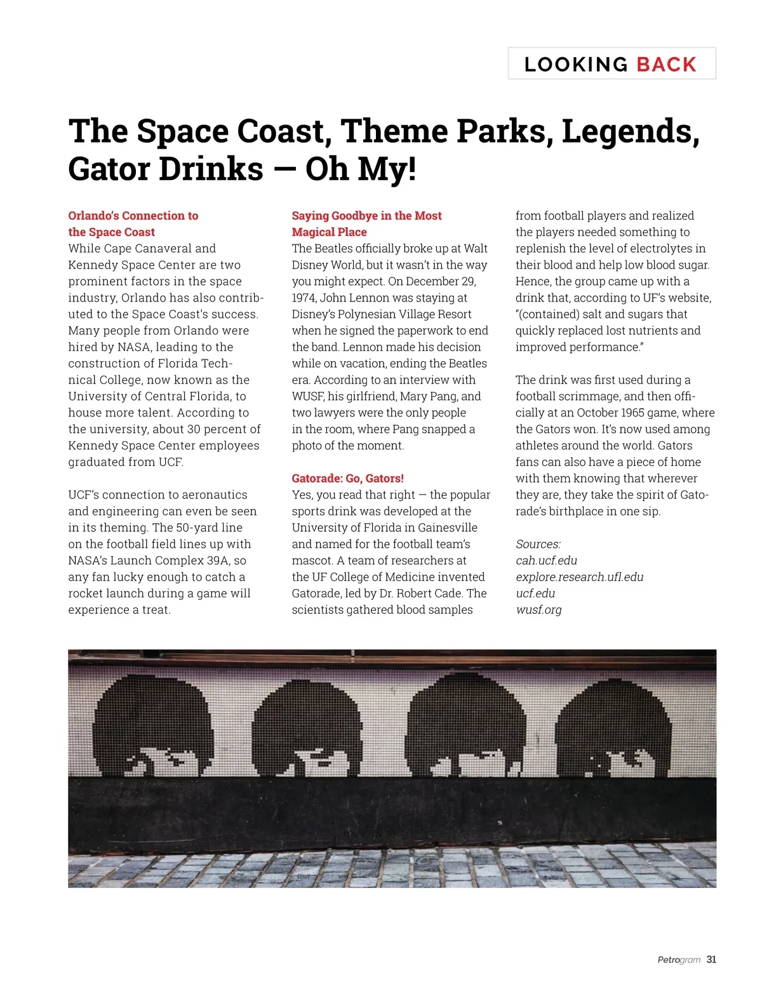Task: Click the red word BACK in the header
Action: pos(666,64)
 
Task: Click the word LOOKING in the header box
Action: pos(576,64)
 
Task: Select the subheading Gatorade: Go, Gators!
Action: pos(347,478)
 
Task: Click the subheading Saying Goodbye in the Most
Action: pos(366,215)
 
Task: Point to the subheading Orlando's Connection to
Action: pos(133,215)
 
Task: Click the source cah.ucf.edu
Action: pos(546,561)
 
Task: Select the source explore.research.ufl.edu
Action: pos(579,577)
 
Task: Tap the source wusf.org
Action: pos(538,610)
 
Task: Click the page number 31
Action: pos(711,959)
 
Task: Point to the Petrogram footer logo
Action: pos(679,960)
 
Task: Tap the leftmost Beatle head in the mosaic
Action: pos(156,724)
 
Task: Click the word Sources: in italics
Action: pos(538,544)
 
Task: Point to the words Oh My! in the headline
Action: pos(361,169)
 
